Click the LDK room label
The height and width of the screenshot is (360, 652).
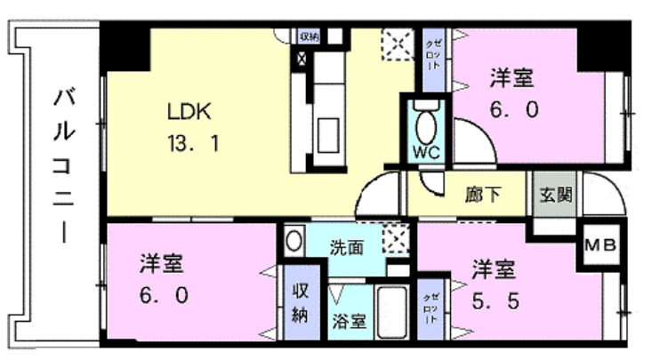pyautogui.click(x=189, y=113)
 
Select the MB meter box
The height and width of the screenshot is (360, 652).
pyautogui.click(x=598, y=245)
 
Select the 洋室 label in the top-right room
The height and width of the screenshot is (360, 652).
pyautogui.click(x=511, y=78)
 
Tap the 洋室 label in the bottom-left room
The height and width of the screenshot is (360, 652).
pyautogui.click(x=161, y=264)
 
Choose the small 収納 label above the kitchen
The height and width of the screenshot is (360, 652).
pyautogui.click(x=309, y=36)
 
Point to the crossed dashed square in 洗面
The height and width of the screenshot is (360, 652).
pyautogui.click(x=396, y=239)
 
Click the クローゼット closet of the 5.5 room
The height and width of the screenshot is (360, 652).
pyautogui.click(x=430, y=306)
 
